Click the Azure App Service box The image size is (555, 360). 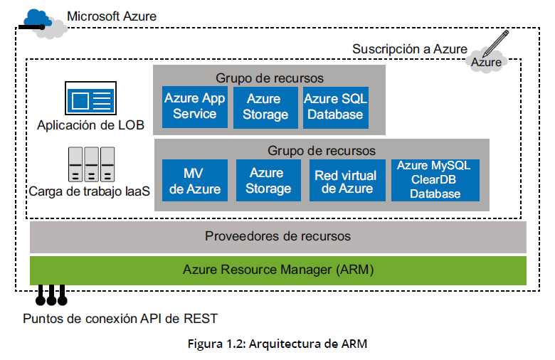coord(194,107)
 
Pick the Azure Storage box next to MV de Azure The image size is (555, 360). coord(269,181)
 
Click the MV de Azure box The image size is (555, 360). coord(194,181)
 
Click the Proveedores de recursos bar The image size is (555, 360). coord(277,236)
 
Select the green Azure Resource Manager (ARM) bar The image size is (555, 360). coord(277,270)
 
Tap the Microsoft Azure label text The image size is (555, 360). coord(111,16)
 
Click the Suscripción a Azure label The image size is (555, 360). coord(409,49)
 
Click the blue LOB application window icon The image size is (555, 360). coord(91,98)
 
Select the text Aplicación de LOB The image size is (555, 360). coord(91,126)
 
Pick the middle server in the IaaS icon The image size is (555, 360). coord(91,164)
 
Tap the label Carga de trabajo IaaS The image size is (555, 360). coord(90,191)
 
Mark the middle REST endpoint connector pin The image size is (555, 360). coord(51,294)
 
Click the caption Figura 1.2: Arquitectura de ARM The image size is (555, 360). coord(277,344)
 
